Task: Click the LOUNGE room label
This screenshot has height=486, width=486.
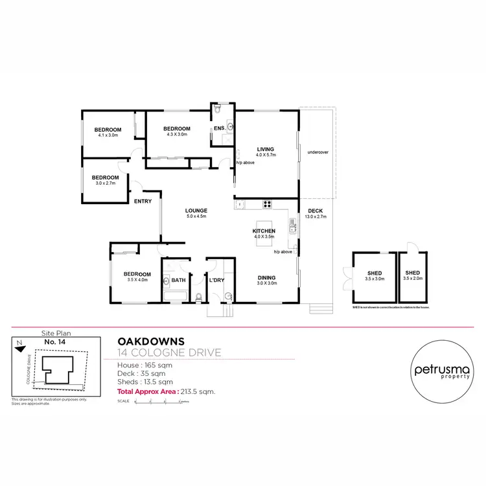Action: (196, 211)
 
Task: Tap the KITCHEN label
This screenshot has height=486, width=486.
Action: (264, 231)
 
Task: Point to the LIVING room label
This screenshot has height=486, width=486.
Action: (266, 148)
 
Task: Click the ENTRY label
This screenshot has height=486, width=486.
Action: (143, 201)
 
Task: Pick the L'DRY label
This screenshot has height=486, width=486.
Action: (216, 280)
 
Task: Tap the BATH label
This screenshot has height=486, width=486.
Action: (179, 280)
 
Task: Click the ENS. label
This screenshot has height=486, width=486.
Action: (220, 128)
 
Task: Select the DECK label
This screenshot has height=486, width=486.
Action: (316, 211)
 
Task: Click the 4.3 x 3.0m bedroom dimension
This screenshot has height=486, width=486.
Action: (177, 134)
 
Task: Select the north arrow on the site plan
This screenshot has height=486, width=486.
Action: (20, 342)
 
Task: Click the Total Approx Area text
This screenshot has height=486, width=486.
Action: (165, 391)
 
